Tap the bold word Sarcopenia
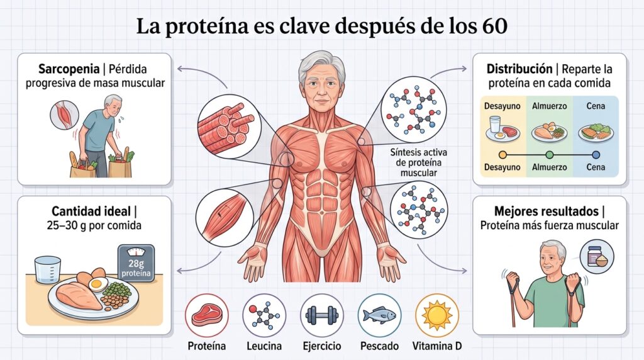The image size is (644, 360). (x=69, y=69)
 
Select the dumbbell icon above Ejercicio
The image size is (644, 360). (x=322, y=315)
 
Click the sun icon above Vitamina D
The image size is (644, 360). (x=437, y=315)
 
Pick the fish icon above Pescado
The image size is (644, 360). (x=379, y=315)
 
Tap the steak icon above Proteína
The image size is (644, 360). (x=206, y=315)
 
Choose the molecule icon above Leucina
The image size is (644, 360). (x=264, y=315)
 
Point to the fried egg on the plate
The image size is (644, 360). (x=99, y=284)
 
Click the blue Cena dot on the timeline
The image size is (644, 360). (x=596, y=155)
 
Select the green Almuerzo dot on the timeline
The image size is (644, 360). (x=550, y=155)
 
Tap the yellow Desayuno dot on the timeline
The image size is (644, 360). (x=502, y=155)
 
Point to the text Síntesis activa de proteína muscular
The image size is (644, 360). (x=418, y=162)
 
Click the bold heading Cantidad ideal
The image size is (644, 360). (x=91, y=211)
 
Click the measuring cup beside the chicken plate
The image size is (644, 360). (x=47, y=269)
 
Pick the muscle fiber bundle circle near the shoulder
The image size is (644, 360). (x=229, y=123)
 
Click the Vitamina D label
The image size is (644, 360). (x=437, y=346)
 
